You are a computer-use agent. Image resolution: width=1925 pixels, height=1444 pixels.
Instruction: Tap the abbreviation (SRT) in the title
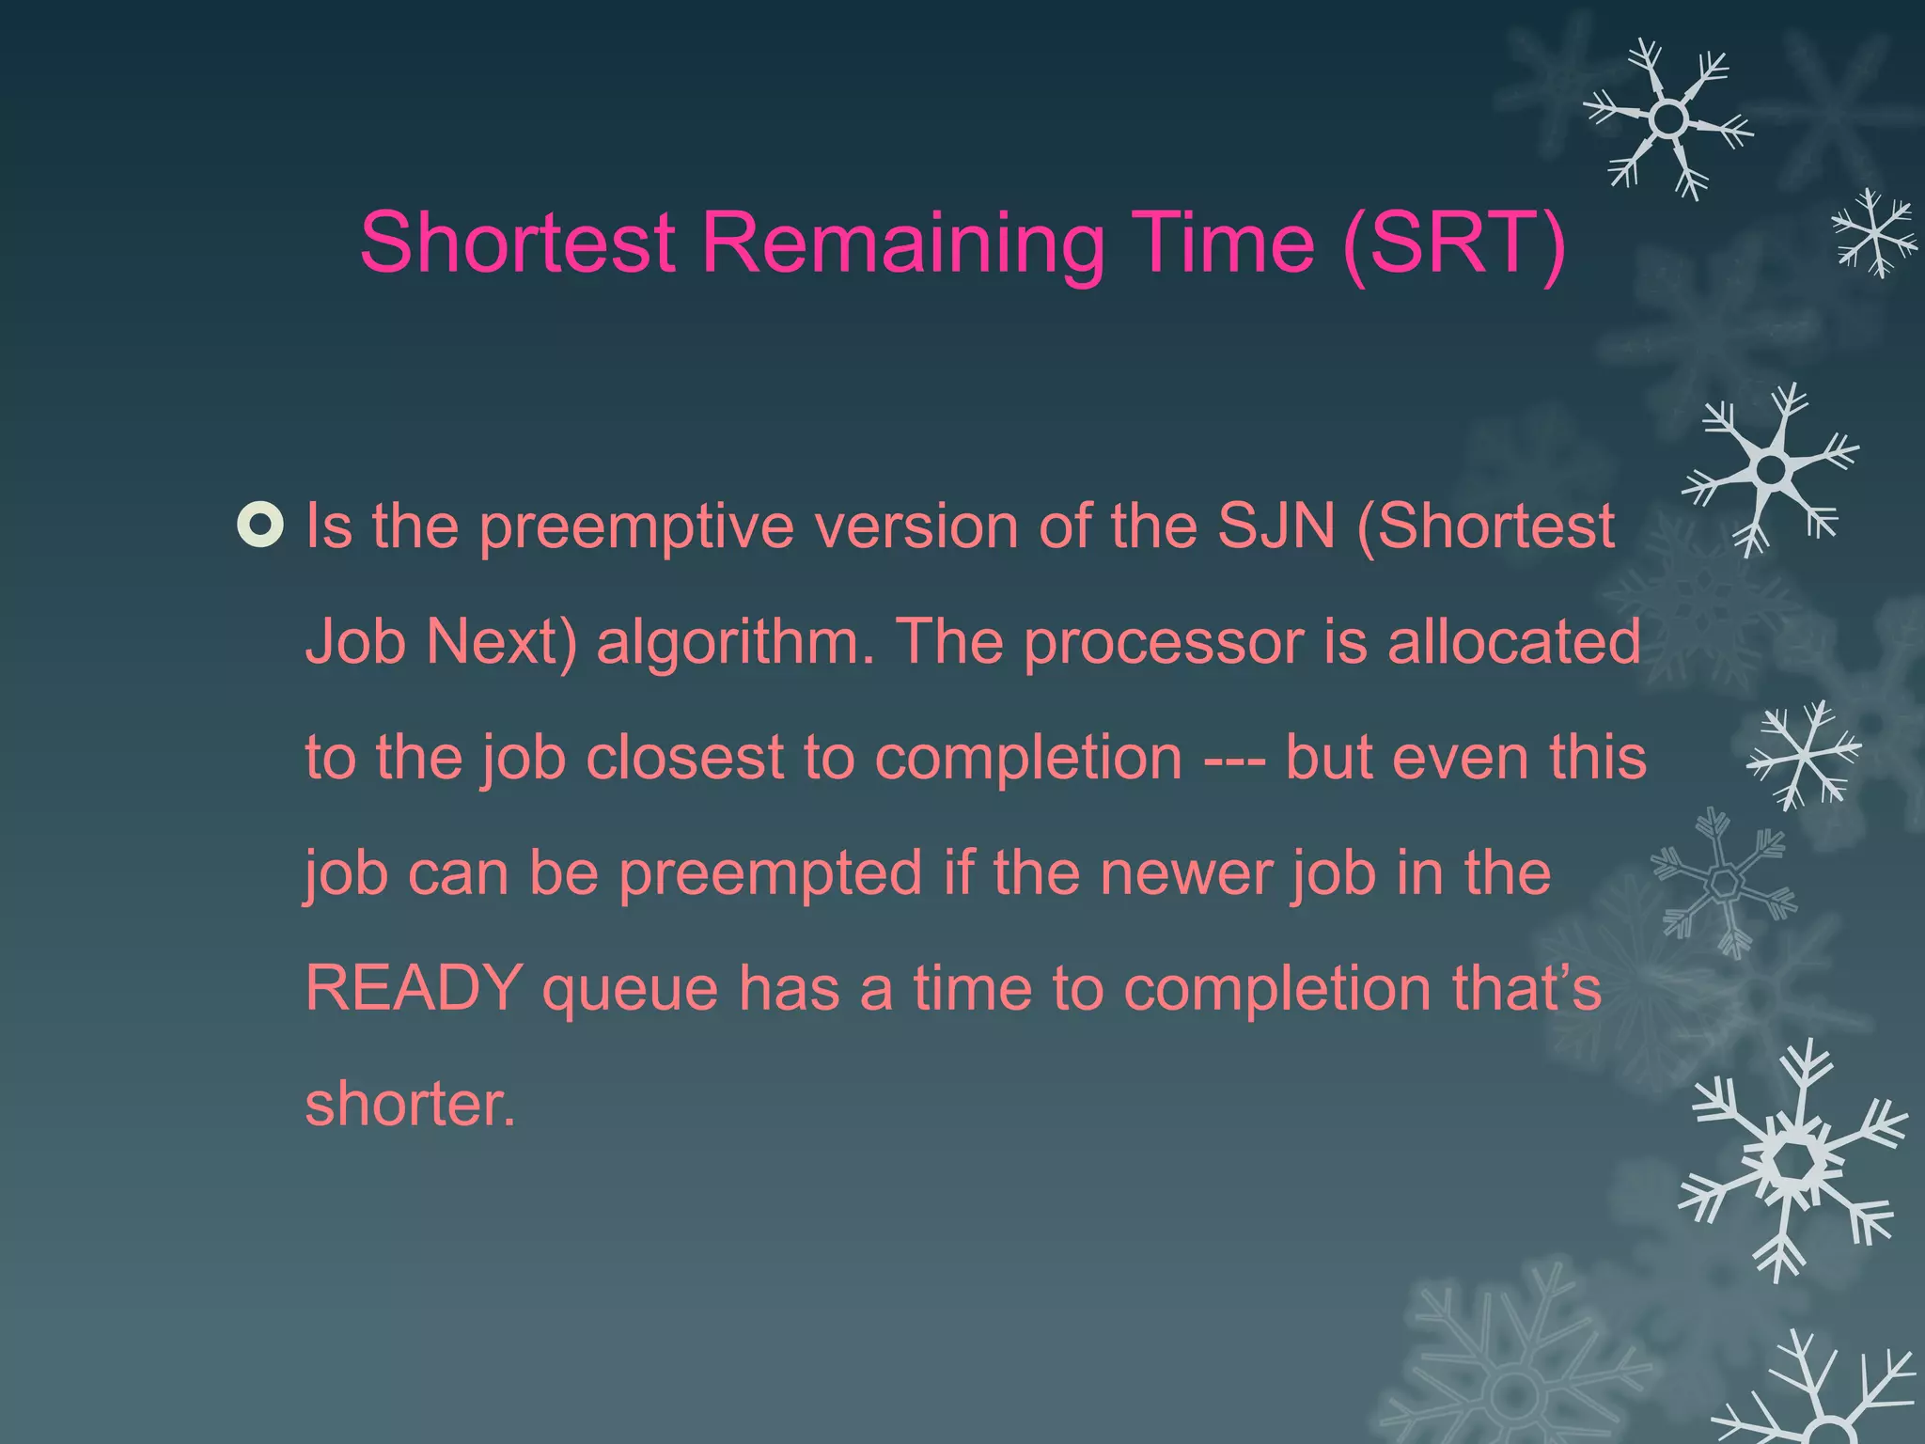[1453, 244]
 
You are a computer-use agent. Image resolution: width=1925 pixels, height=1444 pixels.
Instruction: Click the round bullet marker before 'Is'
[260, 526]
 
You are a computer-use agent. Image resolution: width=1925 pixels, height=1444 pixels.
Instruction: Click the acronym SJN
[1276, 526]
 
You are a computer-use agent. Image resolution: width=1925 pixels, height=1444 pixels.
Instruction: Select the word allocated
[1513, 642]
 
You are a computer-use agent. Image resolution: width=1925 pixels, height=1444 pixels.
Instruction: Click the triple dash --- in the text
[1234, 758]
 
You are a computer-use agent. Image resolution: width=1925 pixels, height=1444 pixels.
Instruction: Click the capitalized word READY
[414, 989]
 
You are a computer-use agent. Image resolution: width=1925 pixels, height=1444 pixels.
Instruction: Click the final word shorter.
[410, 1105]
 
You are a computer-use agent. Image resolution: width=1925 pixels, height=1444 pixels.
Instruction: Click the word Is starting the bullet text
[329, 526]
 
